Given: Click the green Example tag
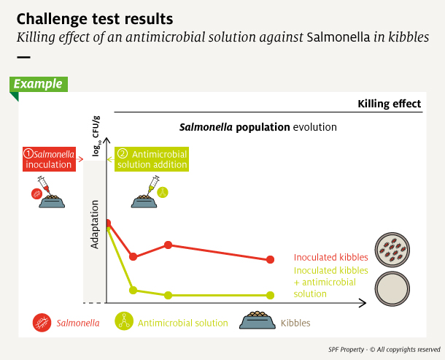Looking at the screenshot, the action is (x=39, y=84).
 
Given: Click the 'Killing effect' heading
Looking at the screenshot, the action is (x=389, y=104).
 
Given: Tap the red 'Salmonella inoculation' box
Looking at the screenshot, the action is (x=49, y=159).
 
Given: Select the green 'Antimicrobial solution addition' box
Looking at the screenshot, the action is (x=152, y=159).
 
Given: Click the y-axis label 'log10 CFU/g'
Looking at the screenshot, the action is (x=96, y=136).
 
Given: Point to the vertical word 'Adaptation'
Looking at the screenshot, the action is (x=95, y=224).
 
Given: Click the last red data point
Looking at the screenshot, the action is (x=270, y=259).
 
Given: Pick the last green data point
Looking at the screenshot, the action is (x=270, y=296).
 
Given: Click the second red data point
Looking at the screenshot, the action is (x=133, y=256).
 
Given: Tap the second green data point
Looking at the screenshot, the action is (x=133, y=290).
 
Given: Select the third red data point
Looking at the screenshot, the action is (x=169, y=245).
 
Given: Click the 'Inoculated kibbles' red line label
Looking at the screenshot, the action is (x=331, y=258).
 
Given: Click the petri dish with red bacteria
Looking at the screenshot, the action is (x=392, y=250).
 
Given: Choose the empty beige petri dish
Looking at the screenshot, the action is (x=392, y=288).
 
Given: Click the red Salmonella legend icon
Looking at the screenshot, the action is (x=42, y=323).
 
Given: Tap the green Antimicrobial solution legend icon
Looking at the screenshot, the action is (x=124, y=321).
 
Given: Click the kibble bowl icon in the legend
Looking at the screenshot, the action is (x=258, y=320).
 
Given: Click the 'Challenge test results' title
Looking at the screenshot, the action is (x=95, y=19).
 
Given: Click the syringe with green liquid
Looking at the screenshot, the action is (x=153, y=185).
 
